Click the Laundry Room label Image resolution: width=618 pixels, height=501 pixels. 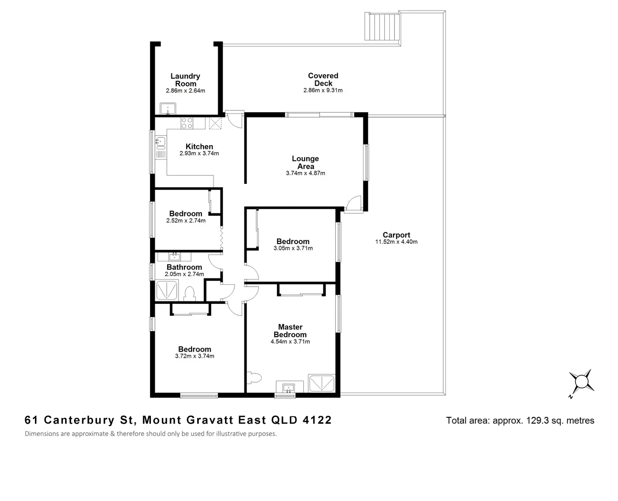pos(185,80)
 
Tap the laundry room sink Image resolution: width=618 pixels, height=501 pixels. pos(168,109)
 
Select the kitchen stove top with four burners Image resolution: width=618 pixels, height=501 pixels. pos(187,123)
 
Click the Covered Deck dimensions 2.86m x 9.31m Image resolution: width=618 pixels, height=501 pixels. pos(323,90)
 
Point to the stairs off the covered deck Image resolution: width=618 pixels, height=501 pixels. pos(382,26)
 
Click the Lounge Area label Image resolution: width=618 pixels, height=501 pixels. pos(305,162)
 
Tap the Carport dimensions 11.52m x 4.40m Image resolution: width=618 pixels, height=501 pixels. pos(396,242)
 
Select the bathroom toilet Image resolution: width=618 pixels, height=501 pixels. pos(190,294)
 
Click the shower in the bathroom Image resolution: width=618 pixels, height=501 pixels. pos(167,290)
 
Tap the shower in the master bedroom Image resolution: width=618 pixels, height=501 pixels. pos(321,383)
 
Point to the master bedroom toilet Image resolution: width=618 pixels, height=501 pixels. pos(254,378)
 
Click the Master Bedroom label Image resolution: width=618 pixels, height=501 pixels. pos(290,330)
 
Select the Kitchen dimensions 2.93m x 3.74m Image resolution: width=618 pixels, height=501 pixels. pos(199,153)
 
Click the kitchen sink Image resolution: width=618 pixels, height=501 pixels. pos(161,142)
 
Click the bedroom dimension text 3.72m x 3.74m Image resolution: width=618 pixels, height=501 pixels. pos(194,356)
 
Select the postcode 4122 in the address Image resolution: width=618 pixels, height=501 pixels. pos(317,420)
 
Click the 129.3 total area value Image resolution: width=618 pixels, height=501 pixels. pos(537,420)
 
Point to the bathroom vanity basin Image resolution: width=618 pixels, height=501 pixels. pos(175,257)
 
